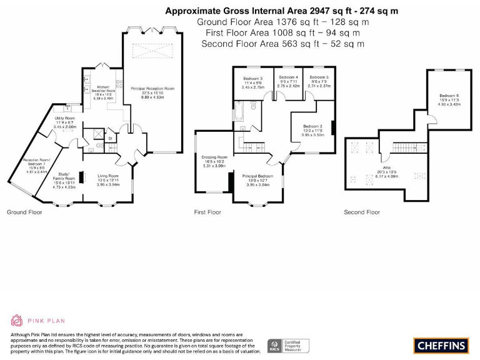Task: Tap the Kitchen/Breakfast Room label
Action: coord(102,91)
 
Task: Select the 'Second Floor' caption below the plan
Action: coord(362,212)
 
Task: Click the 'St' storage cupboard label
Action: coord(110,138)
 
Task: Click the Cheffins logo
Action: coord(440,345)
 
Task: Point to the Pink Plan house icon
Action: coord(17,321)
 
